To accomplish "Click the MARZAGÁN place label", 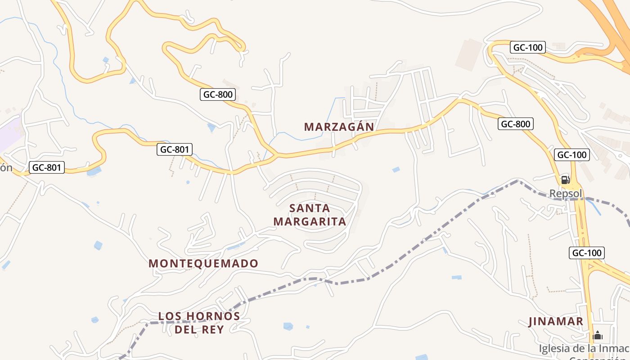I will click(339, 127).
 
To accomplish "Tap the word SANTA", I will click(310, 208).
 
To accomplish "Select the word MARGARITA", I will click(310, 222).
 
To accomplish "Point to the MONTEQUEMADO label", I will click(203, 264).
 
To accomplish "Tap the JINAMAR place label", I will click(556, 322).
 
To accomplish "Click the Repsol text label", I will click(566, 193).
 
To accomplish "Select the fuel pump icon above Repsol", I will click(565, 180).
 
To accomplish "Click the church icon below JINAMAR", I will click(598, 335).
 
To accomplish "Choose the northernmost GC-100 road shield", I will click(528, 47).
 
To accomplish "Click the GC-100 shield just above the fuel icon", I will click(571, 155).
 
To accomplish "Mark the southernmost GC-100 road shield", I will click(586, 253).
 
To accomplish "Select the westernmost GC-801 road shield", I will click(47, 168).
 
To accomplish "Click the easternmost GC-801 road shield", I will click(175, 149).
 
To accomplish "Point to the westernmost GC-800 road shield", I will click(218, 94).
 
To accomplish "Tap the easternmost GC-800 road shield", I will click(515, 124).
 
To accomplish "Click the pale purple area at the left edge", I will click(9, 135).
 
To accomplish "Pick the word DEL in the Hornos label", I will click(187, 330).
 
